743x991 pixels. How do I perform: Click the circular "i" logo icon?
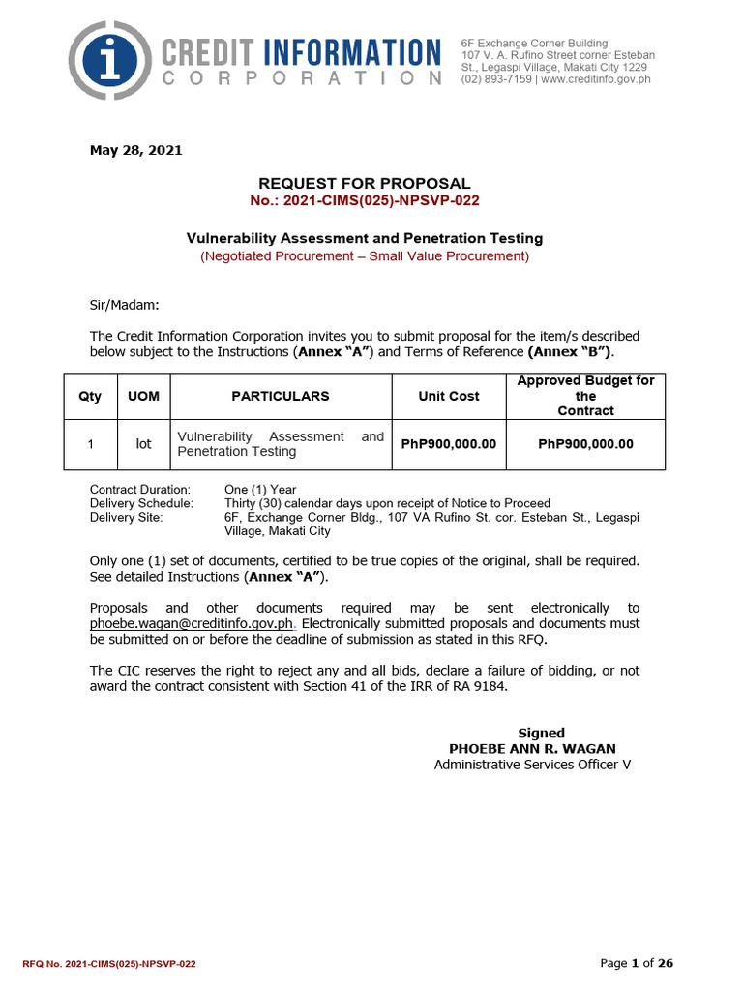pos(116,62)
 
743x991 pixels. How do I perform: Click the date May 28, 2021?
pos(135,150)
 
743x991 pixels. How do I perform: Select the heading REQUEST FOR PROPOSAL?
pos(364,183)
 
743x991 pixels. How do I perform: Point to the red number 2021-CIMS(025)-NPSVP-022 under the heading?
pos(364,200)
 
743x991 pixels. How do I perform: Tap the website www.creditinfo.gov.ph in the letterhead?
pos(596,79)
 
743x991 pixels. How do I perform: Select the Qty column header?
pos(89,396)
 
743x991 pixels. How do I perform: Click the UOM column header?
pos(143,396)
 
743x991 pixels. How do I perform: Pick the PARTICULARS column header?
pos(281,396)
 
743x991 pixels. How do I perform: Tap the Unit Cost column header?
pos(448,396)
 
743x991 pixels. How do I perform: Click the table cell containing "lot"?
pos(143,444)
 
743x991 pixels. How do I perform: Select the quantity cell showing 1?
pos(89,444)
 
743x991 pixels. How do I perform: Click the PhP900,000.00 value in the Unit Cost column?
pos(448,444)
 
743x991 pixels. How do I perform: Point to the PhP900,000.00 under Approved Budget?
pos(585,444)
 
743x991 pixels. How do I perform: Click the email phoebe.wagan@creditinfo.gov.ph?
pos(191,623)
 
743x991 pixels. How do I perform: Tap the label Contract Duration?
pos(140,490)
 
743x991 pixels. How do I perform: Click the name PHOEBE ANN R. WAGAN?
pos(532,749)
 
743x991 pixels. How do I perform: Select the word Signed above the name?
pos(542,733)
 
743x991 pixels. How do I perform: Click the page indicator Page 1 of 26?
pos(637,963)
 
